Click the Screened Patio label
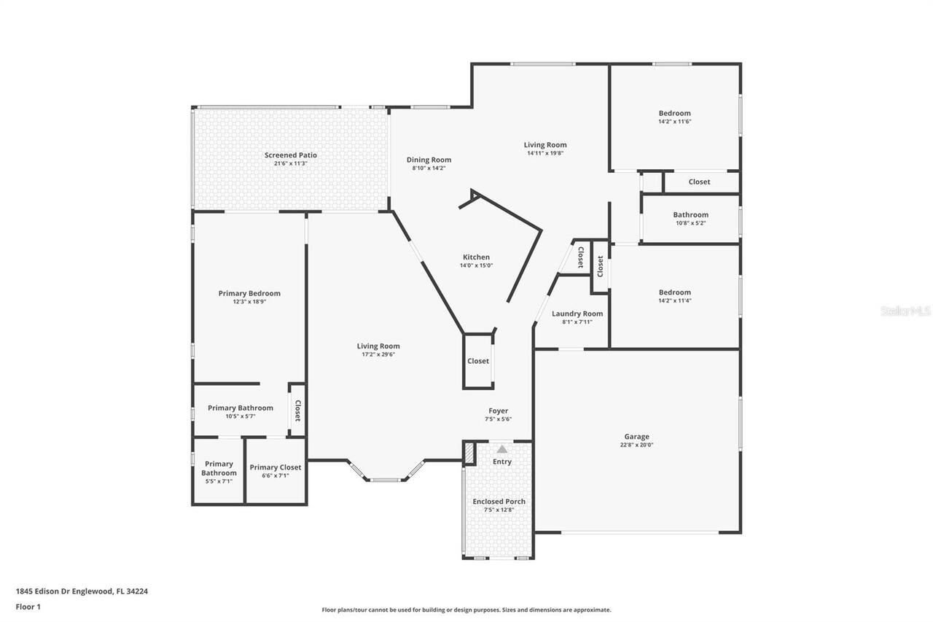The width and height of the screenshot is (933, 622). point(290,155)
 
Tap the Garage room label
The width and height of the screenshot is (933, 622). point(636,437)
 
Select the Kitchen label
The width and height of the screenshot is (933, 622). point(476,257)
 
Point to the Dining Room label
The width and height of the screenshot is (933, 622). point(429,160)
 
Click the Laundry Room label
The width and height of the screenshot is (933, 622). point(577,314)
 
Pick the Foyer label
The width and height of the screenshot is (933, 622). point(498,411)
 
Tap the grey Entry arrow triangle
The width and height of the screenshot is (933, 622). point(501,449)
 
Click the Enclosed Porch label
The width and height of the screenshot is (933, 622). point(499,502)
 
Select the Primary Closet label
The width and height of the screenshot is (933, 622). point(275,467)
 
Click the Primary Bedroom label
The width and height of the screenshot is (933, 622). point(249,293)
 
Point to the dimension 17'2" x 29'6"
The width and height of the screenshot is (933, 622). point(378,354)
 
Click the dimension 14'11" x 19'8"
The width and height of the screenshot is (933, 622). point(545,153)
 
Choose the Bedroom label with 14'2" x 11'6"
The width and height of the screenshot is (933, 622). point(674,113)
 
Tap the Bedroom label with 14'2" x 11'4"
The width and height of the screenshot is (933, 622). point(674,292)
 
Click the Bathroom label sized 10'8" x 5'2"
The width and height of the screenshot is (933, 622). point(690,215)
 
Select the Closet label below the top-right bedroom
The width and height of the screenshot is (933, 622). point(699,182)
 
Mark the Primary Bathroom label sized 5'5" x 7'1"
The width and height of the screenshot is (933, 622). point(219,468)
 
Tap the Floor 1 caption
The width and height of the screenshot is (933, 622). point(28,606)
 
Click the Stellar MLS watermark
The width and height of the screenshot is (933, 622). point(905,311)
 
